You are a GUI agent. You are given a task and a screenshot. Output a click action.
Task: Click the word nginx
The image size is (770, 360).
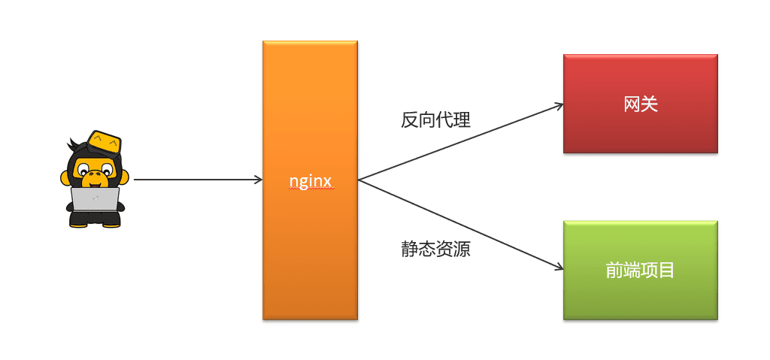point(310,181)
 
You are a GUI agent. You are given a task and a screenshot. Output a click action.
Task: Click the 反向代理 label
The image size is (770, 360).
point(435,119)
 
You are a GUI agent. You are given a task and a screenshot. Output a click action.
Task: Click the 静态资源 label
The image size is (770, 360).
point(435,250)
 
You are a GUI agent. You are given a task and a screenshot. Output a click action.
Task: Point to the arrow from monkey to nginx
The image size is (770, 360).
point(196,180)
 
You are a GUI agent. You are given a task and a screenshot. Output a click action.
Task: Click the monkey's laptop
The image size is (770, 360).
point(95,198)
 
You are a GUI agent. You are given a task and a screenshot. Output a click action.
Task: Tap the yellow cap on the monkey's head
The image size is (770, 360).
point(104,141)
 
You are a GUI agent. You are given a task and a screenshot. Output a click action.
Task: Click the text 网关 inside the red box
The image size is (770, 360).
point(641,104)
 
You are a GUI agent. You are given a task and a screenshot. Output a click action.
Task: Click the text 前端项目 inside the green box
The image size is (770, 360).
point(640,271)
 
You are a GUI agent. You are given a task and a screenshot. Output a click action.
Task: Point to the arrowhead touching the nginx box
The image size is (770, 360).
point(258,180)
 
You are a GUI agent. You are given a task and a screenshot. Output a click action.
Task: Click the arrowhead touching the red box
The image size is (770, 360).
point(558,105)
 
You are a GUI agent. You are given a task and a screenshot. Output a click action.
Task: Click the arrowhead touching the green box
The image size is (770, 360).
point(558,268)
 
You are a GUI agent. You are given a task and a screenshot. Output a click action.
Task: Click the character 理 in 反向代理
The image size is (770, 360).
point(462,119)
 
